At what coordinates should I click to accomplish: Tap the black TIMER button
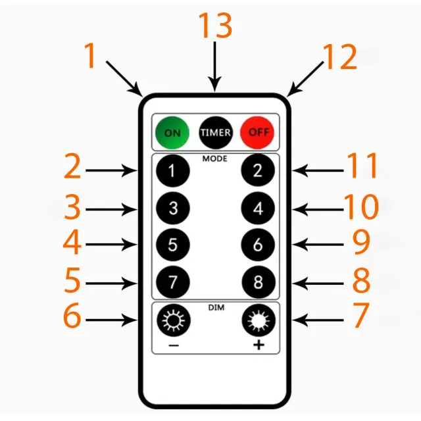click(x=216, y=132)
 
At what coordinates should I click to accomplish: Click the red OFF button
click(x=259, y=132)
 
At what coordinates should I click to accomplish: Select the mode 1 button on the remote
click(x=172, y=171)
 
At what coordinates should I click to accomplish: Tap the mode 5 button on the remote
click(x=172, y=245)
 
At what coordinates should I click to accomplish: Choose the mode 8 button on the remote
click(x=259, y=284)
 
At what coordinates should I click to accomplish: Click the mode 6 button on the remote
click(x=259, y=245)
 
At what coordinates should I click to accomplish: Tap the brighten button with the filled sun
click(x=259, y=321)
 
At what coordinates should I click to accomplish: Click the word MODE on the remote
click(x=214, y=159)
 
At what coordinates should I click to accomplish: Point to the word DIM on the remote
click(x=215, y=307)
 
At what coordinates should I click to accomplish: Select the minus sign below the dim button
click(x=172, y=345)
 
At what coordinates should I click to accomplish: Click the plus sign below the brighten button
click(x=259, y=345)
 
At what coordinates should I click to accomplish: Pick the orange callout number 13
click(x=215, y=26)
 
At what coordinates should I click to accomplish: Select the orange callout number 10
click(x=361, y=208)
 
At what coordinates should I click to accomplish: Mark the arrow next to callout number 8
click(x=320, y=284)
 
